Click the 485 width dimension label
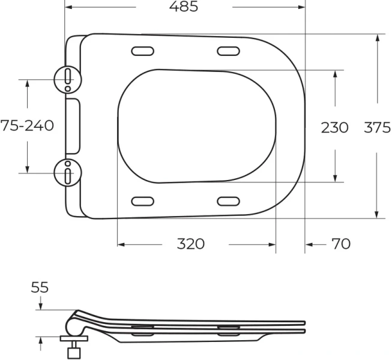click(184, 7)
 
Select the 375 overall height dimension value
click(378, 127)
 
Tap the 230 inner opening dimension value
click(334, 127)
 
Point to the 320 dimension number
click(191, 244)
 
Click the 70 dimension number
click(341, 244)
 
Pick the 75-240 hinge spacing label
click(27, 126)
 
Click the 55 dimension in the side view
click(40, 288)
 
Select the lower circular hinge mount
click(67, 172)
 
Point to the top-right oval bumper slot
click(228, 51)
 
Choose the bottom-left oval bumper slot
click(142, 200)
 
